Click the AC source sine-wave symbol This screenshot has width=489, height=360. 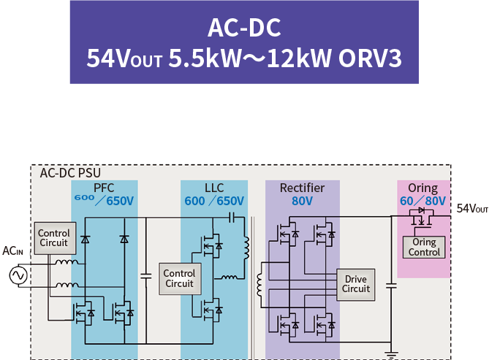[18, 275]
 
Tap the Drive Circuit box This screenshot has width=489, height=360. [355, 285]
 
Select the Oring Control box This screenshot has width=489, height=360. [424, 247]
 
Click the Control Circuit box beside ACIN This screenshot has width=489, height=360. [55, 238]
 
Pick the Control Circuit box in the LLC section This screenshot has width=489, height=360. [180, 279]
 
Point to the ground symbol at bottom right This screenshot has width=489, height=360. [391, 354]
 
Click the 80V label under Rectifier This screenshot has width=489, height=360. [302, 201]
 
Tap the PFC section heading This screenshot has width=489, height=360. [104, 188]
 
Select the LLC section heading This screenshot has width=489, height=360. [214, 188]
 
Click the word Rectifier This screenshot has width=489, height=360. [302, 188]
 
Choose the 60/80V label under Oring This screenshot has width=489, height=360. [423, 201]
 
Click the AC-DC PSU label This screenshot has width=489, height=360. [70, 173]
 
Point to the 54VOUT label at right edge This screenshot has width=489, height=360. [472, 208]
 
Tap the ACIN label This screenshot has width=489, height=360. [12, 251]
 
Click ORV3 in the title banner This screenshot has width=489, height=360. [370, 58]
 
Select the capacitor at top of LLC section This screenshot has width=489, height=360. [231, 218]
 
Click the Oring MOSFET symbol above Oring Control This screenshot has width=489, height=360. [421, 218]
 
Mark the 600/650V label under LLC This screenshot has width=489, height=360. [214, 201]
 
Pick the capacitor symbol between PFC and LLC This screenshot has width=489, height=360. [146, 276]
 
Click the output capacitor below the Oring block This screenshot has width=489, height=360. [391, 286]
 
